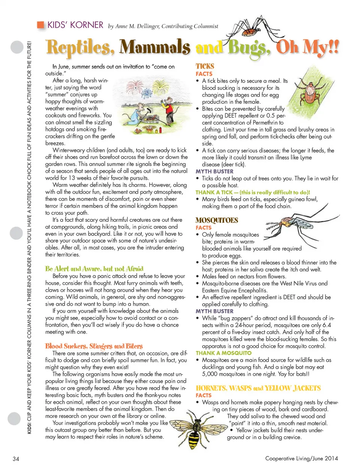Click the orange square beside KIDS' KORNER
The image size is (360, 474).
point(40,25)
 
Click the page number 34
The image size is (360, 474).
point(16,459)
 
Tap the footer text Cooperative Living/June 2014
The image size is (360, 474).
point(301,458)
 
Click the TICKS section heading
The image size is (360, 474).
point(205,66)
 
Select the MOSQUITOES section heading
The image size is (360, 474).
point(217,220)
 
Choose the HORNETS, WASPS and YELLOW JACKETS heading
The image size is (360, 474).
point(258,388)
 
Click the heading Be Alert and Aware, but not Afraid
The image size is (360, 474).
point(94,269)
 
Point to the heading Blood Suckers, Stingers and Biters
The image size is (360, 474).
point(94,346)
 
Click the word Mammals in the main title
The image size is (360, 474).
point(155,48)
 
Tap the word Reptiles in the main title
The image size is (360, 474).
point(80,48)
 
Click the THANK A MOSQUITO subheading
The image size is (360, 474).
point(223,353)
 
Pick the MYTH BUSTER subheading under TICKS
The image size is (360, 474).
point(214,171)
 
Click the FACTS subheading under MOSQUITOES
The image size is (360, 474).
point(203,227)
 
